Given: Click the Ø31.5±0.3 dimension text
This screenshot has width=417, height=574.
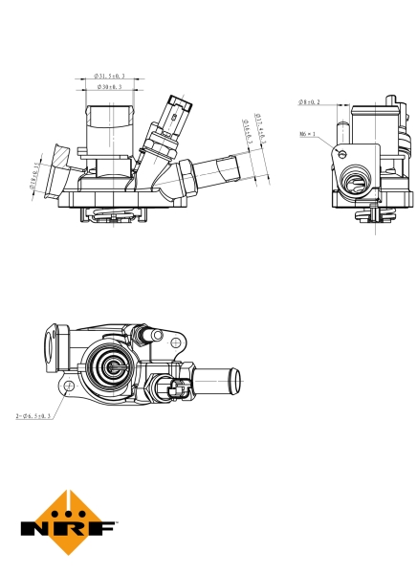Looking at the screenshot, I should click(111, 76).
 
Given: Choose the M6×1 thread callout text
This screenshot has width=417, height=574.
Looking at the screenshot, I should click(308, 136).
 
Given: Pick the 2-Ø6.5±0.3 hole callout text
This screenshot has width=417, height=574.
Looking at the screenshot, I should click(33, 416).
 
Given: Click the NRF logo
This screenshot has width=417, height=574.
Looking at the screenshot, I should click(69, 525).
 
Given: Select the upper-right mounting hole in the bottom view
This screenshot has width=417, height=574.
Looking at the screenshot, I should click(177, 340).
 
